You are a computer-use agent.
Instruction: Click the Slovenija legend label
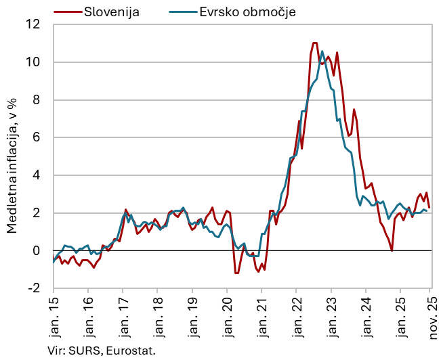coord(111,12)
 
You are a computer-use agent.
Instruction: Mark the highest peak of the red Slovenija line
coord(314,43)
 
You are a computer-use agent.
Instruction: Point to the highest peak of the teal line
coord(322,51)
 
